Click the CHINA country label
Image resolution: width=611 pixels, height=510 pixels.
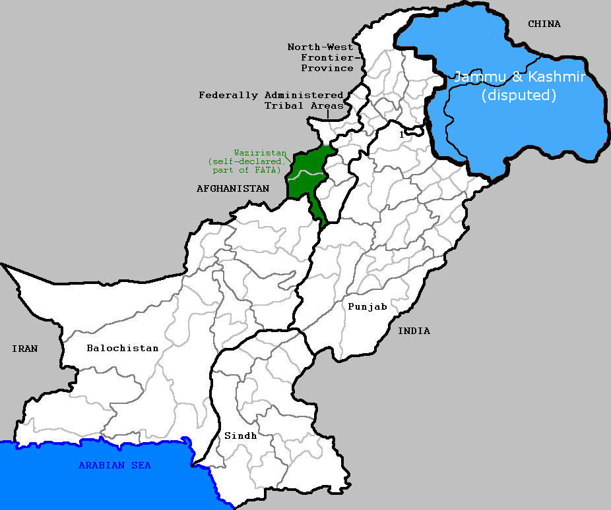544,24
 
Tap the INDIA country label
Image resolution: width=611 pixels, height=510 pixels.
414,331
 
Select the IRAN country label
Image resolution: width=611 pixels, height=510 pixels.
24,349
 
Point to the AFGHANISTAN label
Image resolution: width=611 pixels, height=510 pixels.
233,188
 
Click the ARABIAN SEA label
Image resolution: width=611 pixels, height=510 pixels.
115,466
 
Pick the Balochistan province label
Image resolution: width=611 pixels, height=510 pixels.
123,348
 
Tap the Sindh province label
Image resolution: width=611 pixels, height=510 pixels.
240,436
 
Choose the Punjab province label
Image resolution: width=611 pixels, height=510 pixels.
368,306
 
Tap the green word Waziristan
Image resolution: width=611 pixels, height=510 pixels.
260,152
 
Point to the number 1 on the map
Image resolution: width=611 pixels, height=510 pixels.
401,134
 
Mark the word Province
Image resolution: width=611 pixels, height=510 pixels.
327,68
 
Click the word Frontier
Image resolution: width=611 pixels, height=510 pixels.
325,57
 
